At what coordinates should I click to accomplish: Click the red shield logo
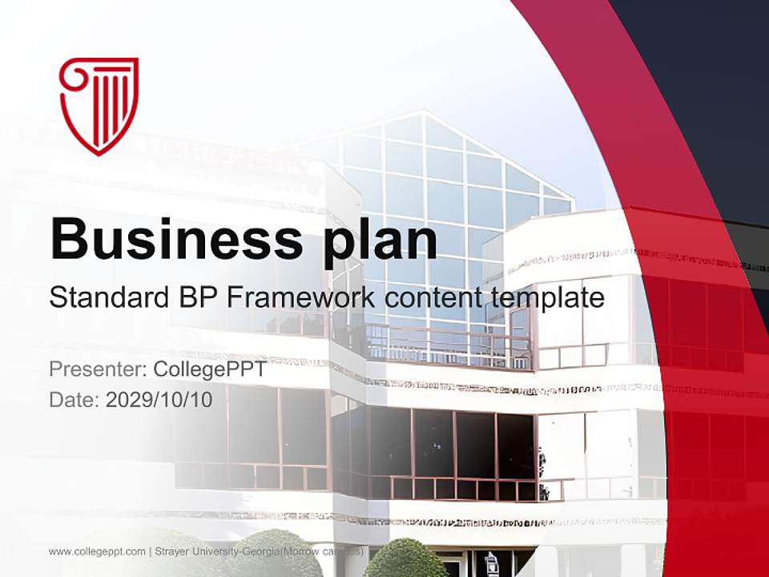coord(99,105)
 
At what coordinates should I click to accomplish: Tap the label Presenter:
coord(97,370)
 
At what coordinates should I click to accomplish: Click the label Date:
coord(74,400)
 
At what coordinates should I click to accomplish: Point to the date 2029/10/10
coord(159,400)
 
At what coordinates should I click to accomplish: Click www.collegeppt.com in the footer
coord(97,552)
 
